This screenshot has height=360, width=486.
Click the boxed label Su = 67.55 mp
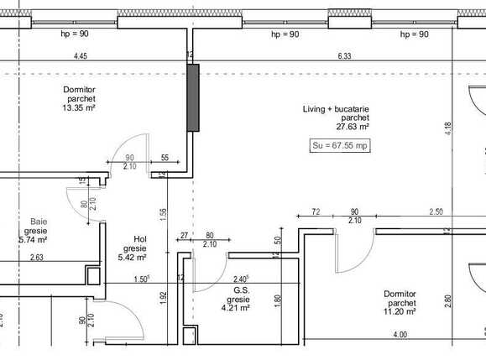340,145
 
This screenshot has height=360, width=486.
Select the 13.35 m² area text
78,107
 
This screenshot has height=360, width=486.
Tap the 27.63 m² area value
353,128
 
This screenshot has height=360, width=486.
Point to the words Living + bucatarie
337,110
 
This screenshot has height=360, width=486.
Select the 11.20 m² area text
400,311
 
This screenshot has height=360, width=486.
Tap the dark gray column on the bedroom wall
193,97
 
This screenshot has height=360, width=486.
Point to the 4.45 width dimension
81,57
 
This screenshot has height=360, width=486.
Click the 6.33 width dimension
344,57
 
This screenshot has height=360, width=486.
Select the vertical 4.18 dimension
448,128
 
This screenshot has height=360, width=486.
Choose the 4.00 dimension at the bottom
400,335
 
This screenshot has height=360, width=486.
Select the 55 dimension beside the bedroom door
164,158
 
